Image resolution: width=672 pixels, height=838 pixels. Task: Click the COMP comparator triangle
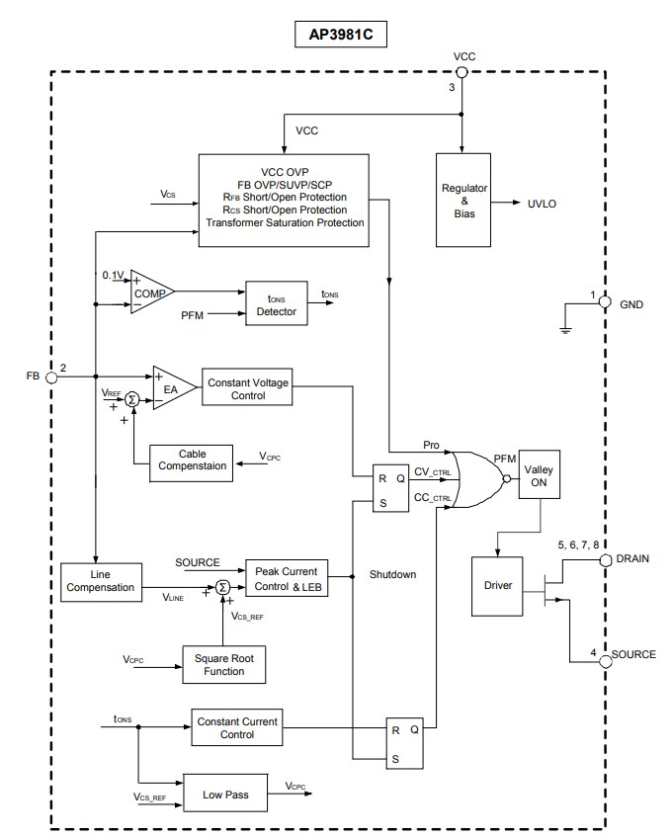[x=150, y=293]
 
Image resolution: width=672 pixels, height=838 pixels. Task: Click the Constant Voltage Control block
[x=246, y=387]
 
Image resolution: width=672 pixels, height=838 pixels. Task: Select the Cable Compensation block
[x=192, y=461]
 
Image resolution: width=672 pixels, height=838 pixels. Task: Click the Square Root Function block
[x=223, y=664]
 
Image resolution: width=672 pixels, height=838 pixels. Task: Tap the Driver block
[x=498, y=585]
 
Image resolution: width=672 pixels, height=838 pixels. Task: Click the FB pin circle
[x=51, y=377]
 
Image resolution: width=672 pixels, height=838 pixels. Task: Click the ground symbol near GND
[x=565, y=329]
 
